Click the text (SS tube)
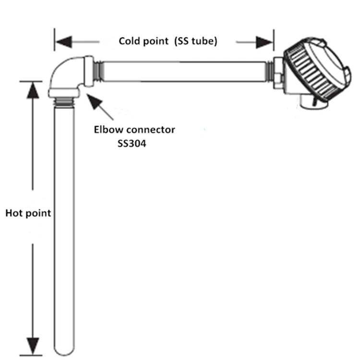(x=196, y=41)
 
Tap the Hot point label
(x=28, y=213)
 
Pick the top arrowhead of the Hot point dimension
(x=32, y=89)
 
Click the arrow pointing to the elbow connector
(x=101, y=107)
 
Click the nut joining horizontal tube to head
(x=278, y=72)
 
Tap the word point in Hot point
(x=38, y=213)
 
